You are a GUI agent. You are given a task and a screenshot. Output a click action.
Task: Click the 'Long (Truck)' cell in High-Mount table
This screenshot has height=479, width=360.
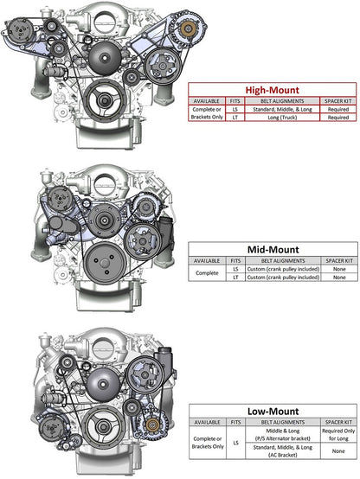[x=274, y=118]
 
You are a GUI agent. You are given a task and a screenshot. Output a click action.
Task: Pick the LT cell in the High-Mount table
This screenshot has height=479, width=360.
[x=235, y=118]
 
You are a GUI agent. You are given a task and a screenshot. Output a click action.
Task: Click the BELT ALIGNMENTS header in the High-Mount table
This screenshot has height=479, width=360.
[x=274, y=100]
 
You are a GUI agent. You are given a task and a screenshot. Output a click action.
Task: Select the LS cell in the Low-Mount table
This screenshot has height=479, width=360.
[x=235, y=442]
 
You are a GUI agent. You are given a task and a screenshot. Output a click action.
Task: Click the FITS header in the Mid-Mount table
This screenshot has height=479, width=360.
[x=235, y=260]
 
